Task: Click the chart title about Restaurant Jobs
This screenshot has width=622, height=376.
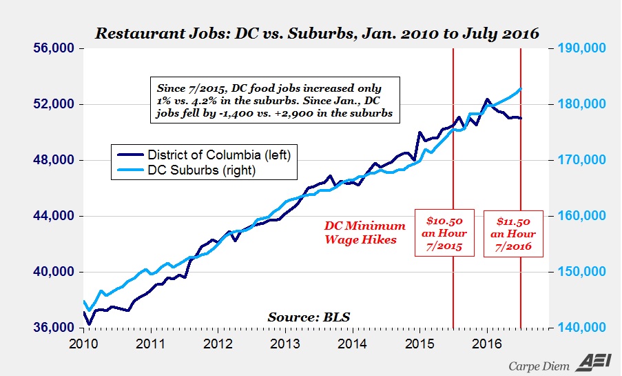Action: point(316,33)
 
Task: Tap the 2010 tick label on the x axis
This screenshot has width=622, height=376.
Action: point(83,343)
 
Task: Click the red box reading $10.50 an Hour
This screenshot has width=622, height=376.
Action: point(444,233)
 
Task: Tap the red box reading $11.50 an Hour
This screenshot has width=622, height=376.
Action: point(520,233)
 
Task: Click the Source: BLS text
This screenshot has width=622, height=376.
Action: point(309,317)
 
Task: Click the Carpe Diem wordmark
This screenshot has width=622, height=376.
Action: point(536,365)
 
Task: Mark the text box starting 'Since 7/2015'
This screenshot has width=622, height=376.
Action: point(276,101)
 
